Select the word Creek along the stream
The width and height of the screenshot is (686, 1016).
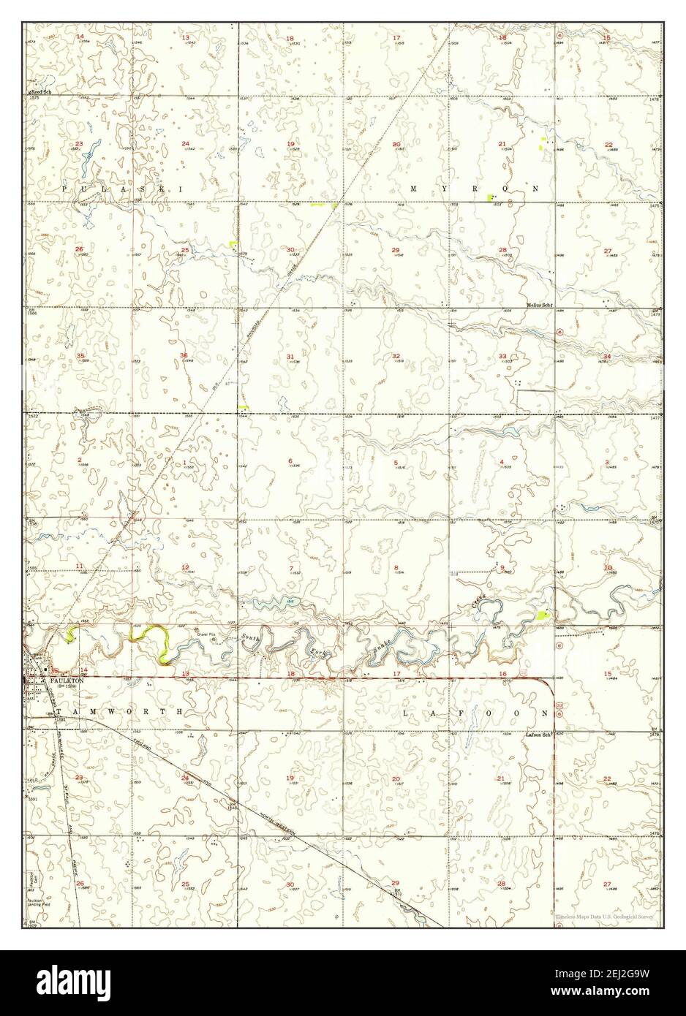[x=478, y=602]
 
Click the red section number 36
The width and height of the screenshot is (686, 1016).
[x=184, y=356]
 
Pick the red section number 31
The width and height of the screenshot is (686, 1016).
[x=290, y=356]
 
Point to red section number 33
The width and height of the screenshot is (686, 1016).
[x=503, y=356]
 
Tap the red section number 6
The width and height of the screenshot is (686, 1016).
[x=290, y=460]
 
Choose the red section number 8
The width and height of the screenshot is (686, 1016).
[x=396, y=568]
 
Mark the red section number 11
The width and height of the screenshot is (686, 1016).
[x=79, y=567]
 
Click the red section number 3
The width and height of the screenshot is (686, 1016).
[x=608, y=462]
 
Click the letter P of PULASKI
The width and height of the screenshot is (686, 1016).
[x=64, y=189]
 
